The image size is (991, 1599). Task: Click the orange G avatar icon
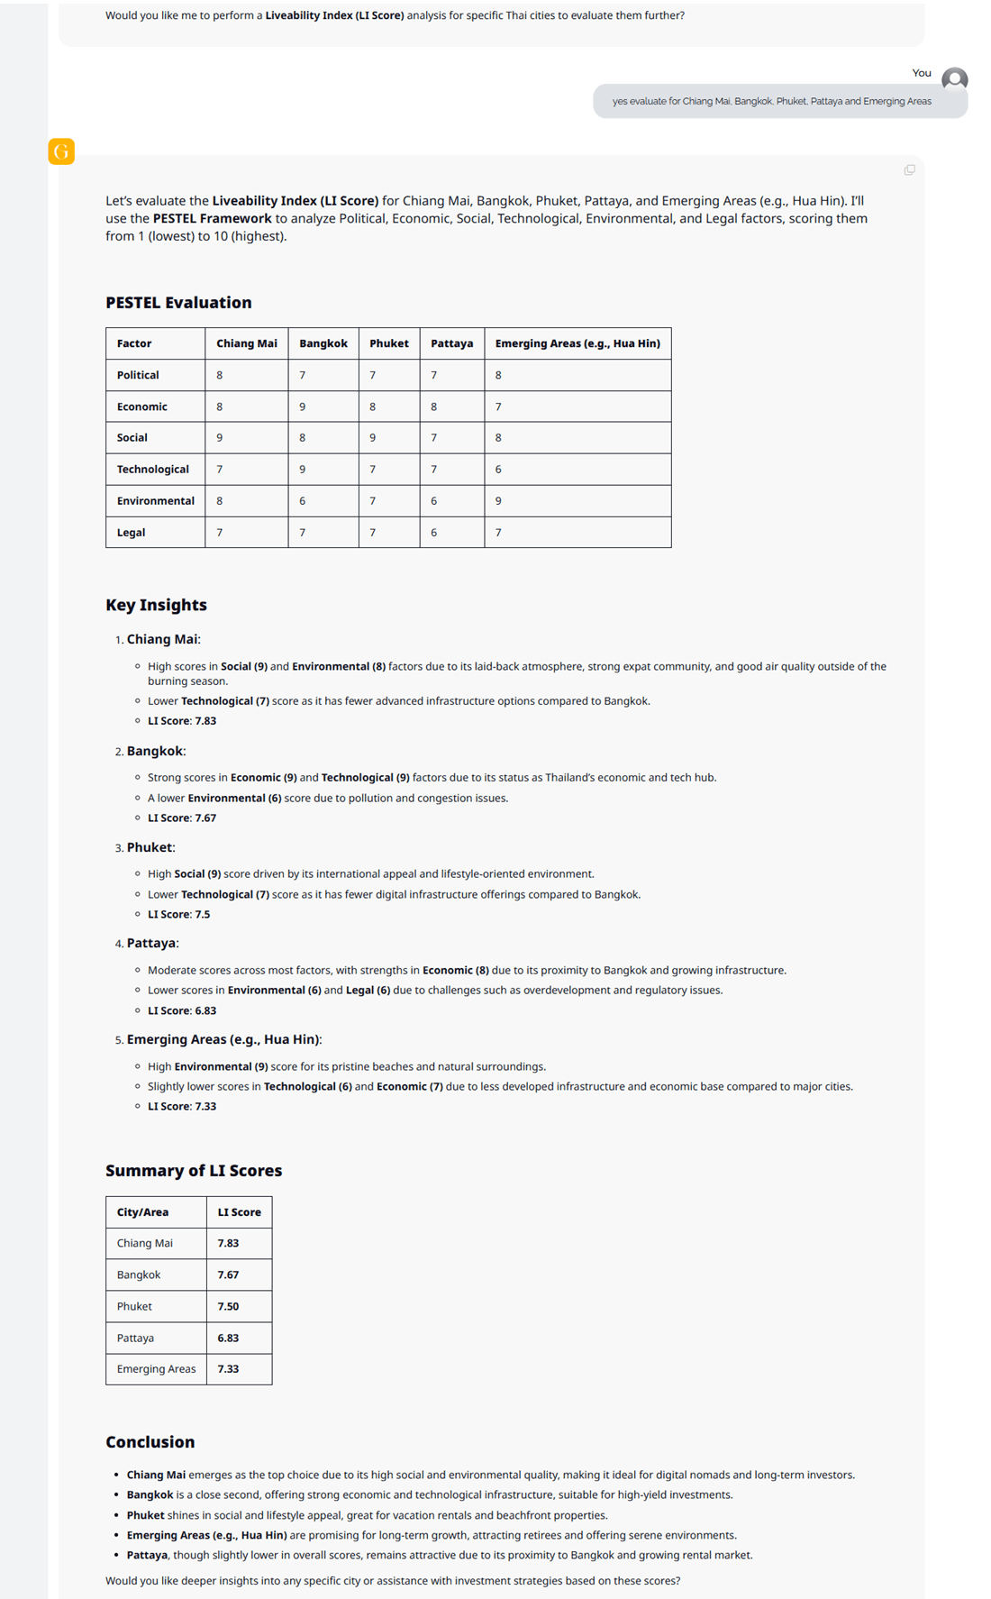[61, 151]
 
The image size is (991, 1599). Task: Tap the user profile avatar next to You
[954, 79]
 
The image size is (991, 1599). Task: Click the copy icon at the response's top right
[909, 169]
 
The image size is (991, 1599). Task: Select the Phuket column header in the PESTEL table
[388, 343]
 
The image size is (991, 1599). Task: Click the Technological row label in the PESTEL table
[152, 470]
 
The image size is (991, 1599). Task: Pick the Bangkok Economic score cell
[323, 407]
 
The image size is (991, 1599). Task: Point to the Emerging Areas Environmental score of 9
[498, 501]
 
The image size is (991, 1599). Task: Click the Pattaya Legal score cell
[434, 533]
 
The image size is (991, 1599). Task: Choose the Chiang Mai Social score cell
[220, 438]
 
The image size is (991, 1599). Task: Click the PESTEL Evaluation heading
[178, 303]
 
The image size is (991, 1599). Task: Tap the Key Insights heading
[156, 605]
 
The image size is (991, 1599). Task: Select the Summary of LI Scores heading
[194, 1171]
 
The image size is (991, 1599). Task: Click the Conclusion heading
[150, 1442]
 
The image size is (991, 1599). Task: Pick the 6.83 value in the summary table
[228, 1338]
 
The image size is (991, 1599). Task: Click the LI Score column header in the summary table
[239, 1212]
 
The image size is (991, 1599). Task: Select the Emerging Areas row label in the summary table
[156, 1369]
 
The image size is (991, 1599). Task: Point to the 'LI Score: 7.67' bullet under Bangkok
[182, 818]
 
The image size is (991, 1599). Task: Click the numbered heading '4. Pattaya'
[151, 943]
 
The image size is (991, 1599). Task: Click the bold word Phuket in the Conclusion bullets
[145, 1515]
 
